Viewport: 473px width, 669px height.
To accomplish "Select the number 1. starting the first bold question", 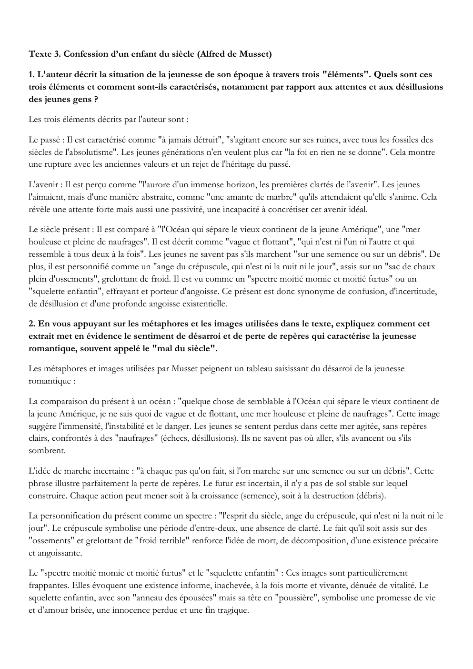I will point(32,75).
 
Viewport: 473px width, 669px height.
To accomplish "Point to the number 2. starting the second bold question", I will point(32,324).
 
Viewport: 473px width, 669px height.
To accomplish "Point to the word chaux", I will point(426,267).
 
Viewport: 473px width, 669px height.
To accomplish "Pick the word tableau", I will point(257,369).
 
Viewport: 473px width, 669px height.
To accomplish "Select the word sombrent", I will point(47,451).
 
